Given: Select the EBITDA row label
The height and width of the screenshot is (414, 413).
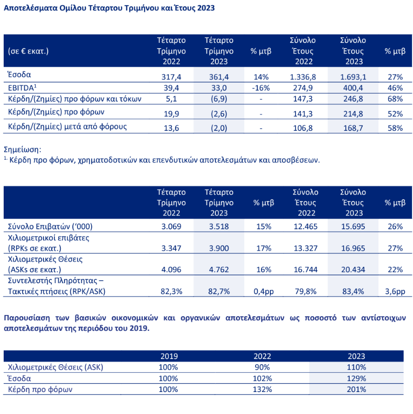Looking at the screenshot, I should (22, 87).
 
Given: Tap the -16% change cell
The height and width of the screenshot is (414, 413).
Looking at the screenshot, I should (260, 87).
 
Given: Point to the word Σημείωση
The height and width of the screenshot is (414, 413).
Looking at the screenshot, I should (22, 149).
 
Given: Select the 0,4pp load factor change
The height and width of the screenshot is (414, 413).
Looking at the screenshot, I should (260, 291).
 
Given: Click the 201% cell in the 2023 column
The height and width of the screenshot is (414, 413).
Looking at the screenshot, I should (356, 389).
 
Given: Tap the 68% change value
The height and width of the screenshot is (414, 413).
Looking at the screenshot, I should (395, 99).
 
